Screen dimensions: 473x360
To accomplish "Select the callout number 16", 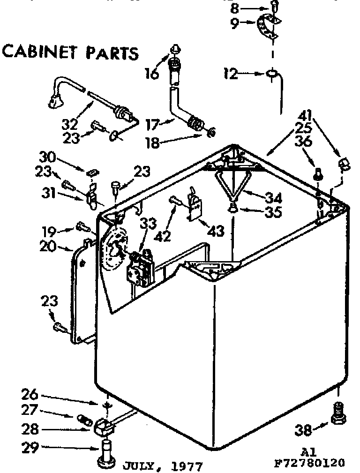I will coord(151,73).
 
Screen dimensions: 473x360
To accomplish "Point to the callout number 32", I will coord(70,126).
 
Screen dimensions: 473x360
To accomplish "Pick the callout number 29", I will coord(30,448).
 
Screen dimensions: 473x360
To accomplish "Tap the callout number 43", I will coord(216,230).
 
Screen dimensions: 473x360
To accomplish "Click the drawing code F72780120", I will coord(309,464).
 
